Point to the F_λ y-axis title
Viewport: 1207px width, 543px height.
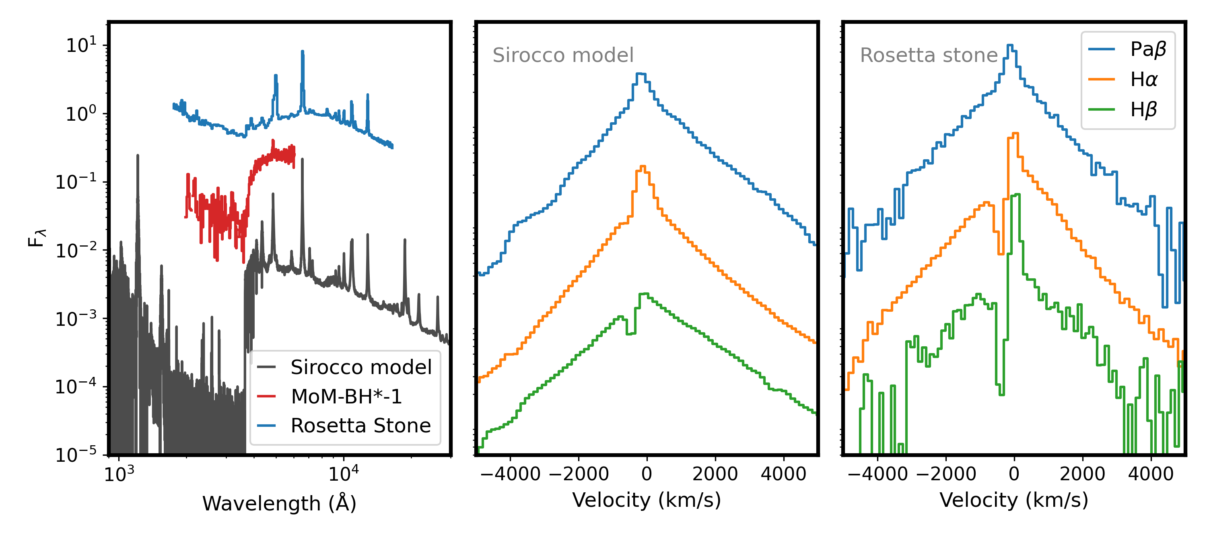point(37,238)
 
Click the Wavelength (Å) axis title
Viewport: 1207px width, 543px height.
point(279,504)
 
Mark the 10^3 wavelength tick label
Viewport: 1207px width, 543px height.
point(119,475)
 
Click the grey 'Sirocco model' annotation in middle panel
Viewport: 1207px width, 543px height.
point(563,55)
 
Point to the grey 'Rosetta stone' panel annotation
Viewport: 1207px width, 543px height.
point(929,55)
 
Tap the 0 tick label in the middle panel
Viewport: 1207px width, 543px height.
point(647,474)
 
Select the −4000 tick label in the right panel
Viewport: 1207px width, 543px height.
point(877,474)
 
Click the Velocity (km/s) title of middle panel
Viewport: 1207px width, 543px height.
point(647,500)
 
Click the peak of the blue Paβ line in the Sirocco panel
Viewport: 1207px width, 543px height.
point(641,74)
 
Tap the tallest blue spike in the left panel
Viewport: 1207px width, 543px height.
point(302,51)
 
